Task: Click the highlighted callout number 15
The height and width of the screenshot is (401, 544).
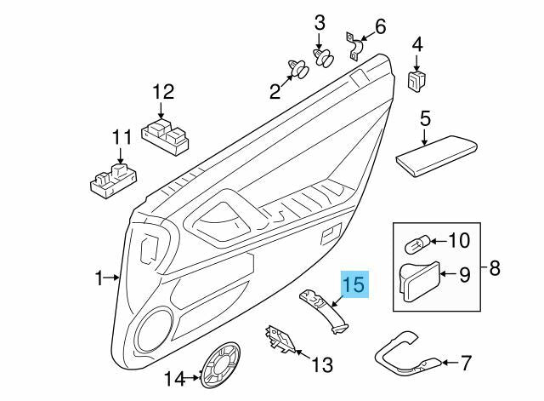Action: pos(354,284)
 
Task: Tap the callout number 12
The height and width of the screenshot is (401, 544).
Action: pos(162,91)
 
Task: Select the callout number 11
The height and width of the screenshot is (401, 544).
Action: pos(122,137)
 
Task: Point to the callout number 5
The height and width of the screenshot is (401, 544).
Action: pos(425,115)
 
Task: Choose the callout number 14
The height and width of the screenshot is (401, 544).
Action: pos(174,378)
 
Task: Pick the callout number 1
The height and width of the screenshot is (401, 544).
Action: pos(99,278)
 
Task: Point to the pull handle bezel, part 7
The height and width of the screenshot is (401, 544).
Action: pos(406,351)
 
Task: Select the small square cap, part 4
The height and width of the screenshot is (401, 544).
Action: pos(416,81)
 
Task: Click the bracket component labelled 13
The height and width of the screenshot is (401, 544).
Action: pos(279,340)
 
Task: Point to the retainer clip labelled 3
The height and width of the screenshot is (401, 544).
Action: pos(323,58)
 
